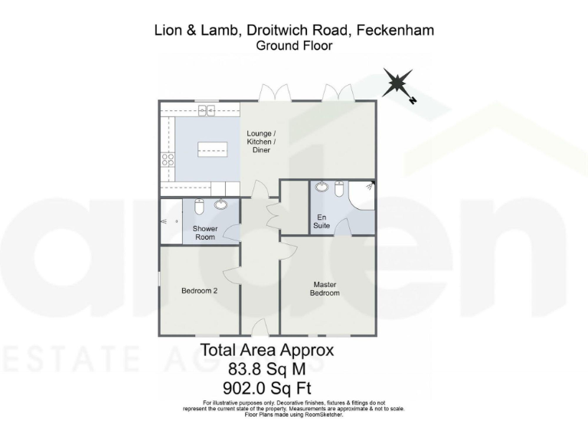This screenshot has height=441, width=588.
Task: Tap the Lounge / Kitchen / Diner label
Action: click(260, 142)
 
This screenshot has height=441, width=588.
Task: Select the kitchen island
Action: click(214, 149)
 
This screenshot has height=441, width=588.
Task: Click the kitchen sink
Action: click(205, 112)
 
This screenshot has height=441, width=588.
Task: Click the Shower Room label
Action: click(204, 233)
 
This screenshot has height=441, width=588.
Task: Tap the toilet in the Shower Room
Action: click(199, 207)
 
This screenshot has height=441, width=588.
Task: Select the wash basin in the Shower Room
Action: click(221, 204)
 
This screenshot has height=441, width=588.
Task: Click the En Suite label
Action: click(322, 221)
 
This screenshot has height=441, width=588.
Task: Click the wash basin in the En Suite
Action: click(322, 186)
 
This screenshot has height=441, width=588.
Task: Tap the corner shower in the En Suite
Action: click(363, 194)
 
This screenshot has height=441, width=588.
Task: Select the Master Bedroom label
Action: click(324, 288)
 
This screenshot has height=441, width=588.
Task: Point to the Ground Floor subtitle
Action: click(294, 46)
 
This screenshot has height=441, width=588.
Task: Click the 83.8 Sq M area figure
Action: click(266, 369)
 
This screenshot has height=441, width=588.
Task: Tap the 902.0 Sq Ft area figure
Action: click(266, 387)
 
